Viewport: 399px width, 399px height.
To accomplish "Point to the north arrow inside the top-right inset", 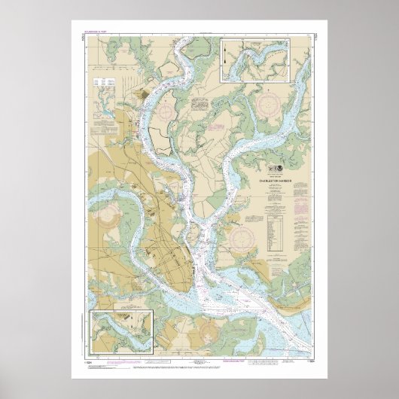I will point(225,50).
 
